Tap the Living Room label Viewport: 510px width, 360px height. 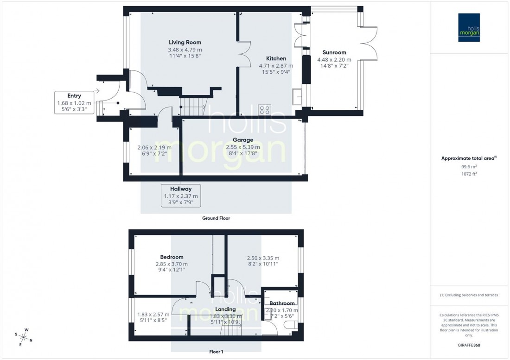tap(185, 42)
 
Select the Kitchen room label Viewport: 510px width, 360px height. tap(276, 58)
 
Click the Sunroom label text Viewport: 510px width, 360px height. tap(334, 52)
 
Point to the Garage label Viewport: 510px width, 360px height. tap(243, 140)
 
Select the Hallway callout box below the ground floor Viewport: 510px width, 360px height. tap(180, 196)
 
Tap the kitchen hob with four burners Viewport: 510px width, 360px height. tap(265, 110)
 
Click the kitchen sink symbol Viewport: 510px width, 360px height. tap(297, 98)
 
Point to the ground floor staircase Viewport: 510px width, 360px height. tap(192, 107)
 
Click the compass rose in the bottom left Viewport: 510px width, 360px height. tap(24, 336)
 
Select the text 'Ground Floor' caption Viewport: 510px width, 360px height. tap(216, 218)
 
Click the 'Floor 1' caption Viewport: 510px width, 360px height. tap(216, 352)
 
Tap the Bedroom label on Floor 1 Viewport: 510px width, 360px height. tap(172, 257)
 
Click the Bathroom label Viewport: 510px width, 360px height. tap(282, 303)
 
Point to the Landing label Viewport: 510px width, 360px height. tap(225, 309)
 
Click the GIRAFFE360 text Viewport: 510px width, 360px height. tap(470, 345)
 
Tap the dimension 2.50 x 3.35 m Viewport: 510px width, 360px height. tap(262, 258)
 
